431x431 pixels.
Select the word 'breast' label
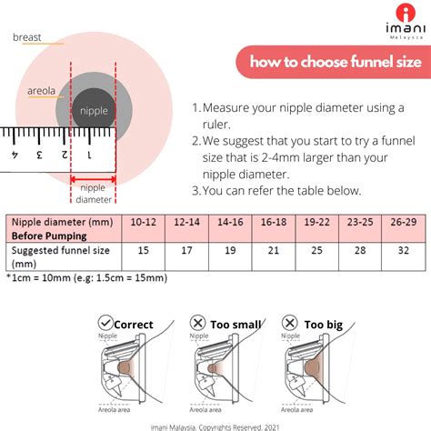pyautogui.click(x=25, y=38)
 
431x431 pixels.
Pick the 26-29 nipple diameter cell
pyautogui.click(x=403, y=221)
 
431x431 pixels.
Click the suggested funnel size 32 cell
pyautogui.click(x=403, y=249)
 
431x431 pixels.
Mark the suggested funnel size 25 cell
pyautogui.click(x=316, y=249)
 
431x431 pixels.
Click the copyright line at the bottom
pyautogui.click(x=215, y=423)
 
